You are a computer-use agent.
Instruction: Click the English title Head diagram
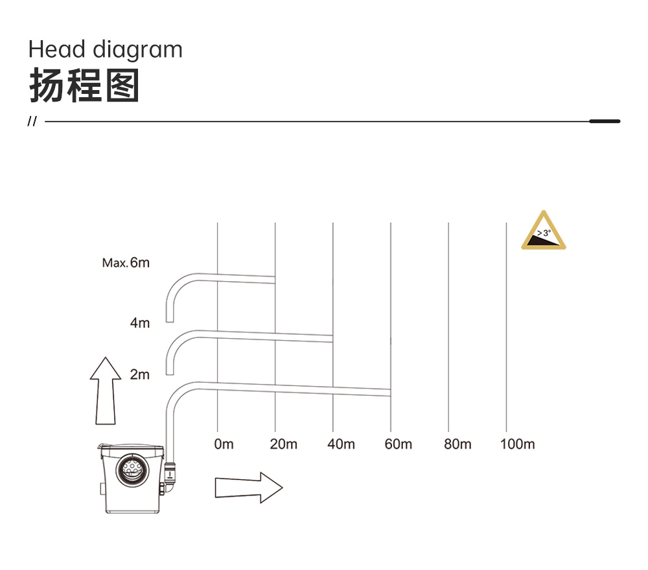pyautogui.click(x=106, y=50)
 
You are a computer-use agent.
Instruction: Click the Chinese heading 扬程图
pyautogui.click(x=84, y=85)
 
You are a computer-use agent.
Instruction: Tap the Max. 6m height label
pyautogui.click(x=126, y=263)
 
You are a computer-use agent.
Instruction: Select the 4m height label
pyautogui.click(x=140, y=323)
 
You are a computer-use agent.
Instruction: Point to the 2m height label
pyautogui.click(x=140, y=374)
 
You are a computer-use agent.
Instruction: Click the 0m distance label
pyautogui.click(x=224, y=444)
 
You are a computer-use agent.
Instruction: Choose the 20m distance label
pyautogui.click(x=284, y=444)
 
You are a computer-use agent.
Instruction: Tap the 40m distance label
pyautogui.click(x=341, y=444)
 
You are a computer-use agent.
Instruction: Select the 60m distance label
pyautogui.click(x=399, y=444)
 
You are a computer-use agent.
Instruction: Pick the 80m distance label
pyautogui.click(x=457, y=444)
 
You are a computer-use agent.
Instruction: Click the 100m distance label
pyautogui.click(x=517, y=444)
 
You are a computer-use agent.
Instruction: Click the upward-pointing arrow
pyautogui.click(x=106, y=391)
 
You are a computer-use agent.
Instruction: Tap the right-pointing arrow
pyautogui.click(x=249, y=488)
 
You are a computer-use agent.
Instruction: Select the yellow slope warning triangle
pyautogui.click(x=544, y=231)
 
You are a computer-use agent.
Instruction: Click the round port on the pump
pyautogui.click(x=133, y=470)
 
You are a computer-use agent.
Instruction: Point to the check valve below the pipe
pyautogui.click(x=170, y=472)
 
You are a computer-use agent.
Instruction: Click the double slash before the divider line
pyautogui.click(x=32, y=121)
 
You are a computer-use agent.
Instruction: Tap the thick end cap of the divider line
pyautogui.click(x=605, y=121)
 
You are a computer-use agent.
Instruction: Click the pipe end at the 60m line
pyautogui.click(x=390, y=393)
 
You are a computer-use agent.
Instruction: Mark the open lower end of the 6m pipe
pyautogui.click(x=169, y=321)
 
